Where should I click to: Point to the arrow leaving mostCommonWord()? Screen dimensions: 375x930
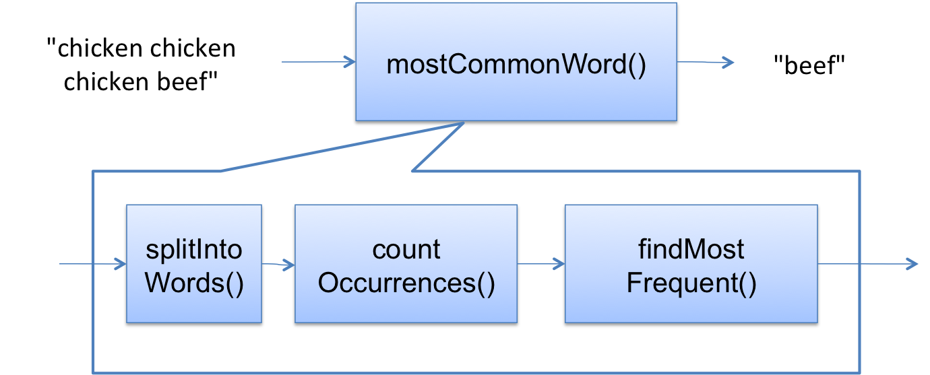coord(705,63)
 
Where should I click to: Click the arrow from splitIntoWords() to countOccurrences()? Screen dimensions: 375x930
coord(278,264)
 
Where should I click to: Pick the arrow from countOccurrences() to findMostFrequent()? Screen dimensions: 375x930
coord(540,264)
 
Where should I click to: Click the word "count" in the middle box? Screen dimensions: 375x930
coord(406,250)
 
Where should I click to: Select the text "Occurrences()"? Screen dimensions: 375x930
coord(406,283)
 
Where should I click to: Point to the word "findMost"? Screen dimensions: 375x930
coord(691,250)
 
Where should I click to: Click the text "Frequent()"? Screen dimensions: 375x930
coord(691,283)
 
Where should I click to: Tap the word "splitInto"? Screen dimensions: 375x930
coord(194,250)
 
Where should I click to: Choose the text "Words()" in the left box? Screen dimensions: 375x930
coord(194,283)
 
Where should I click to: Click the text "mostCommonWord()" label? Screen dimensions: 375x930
coord(516,65)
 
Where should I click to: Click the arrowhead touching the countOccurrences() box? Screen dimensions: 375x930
coord(289,265)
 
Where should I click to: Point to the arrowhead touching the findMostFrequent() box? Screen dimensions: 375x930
coord(558,265)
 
